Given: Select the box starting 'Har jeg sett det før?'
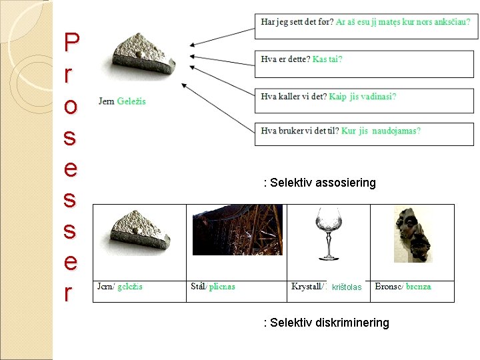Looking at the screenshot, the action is (x=364, y=25).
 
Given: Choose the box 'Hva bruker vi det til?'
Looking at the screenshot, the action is (x=364, y=134).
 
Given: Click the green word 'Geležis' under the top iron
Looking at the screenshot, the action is (x=131, y=101).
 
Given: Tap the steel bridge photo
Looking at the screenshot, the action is (x=237, y=230).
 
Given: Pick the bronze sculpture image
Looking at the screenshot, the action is (x=412, y=234).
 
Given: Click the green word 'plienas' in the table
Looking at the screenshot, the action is (x=222, y=287).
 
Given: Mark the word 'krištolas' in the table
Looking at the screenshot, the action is (x=347, y=287).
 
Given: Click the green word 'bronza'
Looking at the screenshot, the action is (x=419, y=287).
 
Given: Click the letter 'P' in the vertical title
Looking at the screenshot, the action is (x=71, y=44).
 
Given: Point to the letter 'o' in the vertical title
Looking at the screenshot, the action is (x=71, y=106).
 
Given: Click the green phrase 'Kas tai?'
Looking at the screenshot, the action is (x=327, y=59).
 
